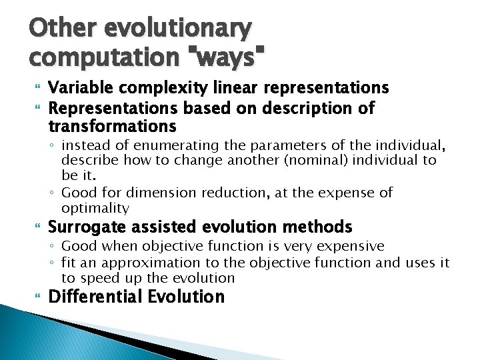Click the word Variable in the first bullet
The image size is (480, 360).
(79, 88)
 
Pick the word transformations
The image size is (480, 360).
(113, 126)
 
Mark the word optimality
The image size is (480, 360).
(95, 208)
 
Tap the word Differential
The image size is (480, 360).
(93, 297)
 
